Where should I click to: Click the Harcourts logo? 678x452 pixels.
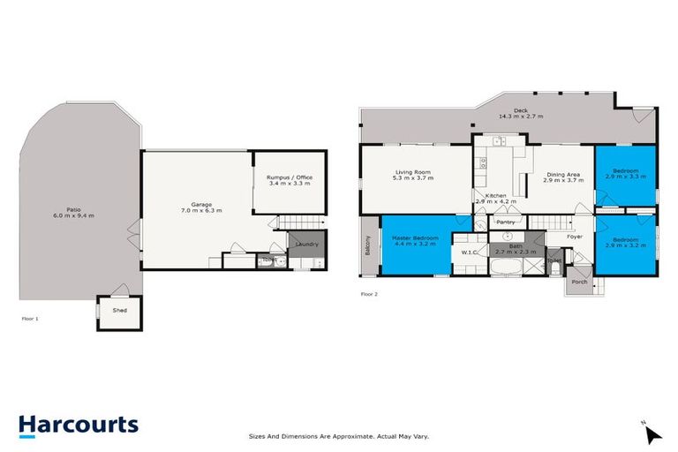pos(79,425)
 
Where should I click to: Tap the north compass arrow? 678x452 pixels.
pos(652,434)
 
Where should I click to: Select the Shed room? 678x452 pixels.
pos(119,311)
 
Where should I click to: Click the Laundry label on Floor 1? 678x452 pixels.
pos(306,244)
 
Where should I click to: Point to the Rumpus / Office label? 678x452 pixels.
pos(289,177)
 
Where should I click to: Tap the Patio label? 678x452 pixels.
pos(74,209)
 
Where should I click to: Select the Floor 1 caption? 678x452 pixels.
pos(30,318)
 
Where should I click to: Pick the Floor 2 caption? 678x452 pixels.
pos(369,294)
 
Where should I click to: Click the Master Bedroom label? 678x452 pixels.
pos(414,237)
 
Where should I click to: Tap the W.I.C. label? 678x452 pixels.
pos(469,252)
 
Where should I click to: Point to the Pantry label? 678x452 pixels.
pos(505,222)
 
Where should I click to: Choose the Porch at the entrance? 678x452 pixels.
pos(579,282)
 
